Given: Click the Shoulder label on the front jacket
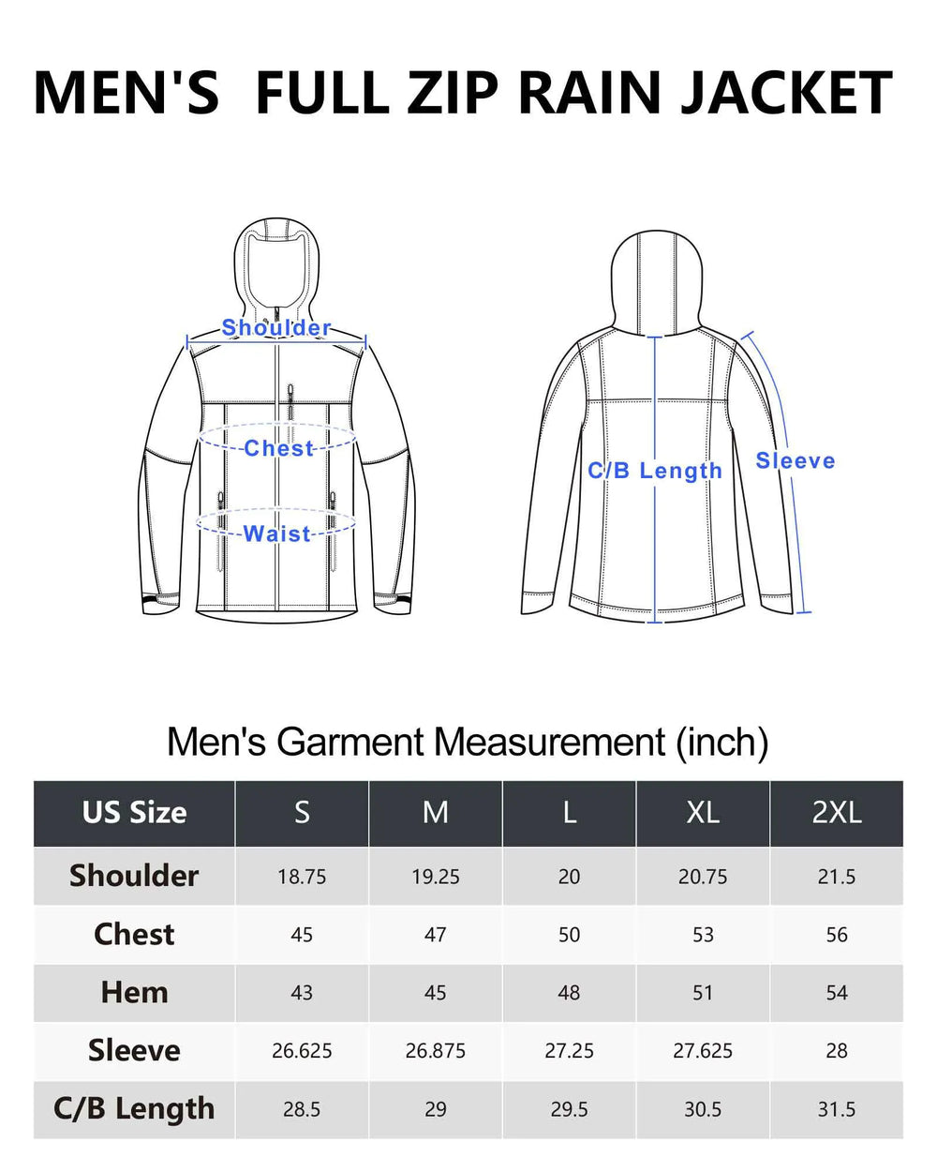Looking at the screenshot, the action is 276,327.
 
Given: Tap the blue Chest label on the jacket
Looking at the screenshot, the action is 279,448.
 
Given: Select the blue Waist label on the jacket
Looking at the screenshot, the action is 276,533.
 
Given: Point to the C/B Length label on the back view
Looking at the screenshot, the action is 655,471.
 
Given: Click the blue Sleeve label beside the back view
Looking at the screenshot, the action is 795,460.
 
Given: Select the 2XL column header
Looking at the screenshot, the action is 837,813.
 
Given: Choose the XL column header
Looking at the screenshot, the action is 703,813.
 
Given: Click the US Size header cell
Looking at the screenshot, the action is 135,813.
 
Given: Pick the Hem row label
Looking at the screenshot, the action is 135,992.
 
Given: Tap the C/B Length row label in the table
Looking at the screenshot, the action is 134,1108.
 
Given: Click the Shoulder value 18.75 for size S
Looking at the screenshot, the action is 302,877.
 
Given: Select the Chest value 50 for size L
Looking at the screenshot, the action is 569,935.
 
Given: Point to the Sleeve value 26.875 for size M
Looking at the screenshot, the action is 435,1050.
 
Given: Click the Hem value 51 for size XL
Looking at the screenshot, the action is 703,993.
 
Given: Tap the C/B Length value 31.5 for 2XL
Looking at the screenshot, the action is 837,1109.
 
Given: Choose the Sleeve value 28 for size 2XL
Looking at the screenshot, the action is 837,1050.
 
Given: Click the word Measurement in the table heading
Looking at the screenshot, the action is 549,742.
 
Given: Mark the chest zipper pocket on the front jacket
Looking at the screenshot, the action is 290,402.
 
